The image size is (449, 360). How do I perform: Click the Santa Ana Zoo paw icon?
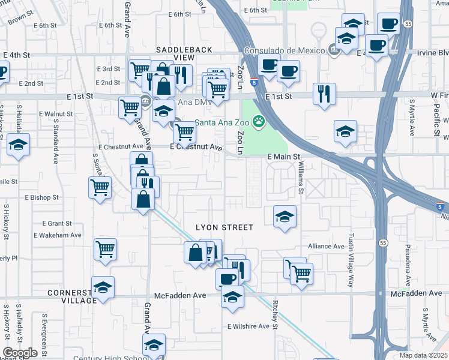pos(259,122)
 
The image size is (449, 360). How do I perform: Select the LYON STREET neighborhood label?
pos(224,227)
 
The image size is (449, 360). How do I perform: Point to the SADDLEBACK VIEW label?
pos(175,53)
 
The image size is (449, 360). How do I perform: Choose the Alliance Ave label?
pos(326,246)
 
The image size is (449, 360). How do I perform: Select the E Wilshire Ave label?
pos(249,326)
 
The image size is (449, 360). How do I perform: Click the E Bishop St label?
pos(41,197)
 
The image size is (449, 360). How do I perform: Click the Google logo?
pos(20,353)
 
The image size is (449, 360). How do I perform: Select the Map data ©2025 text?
pos(423,355)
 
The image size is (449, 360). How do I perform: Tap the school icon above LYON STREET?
pos(285,215)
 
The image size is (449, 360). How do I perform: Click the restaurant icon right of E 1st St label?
pos(324,92)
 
